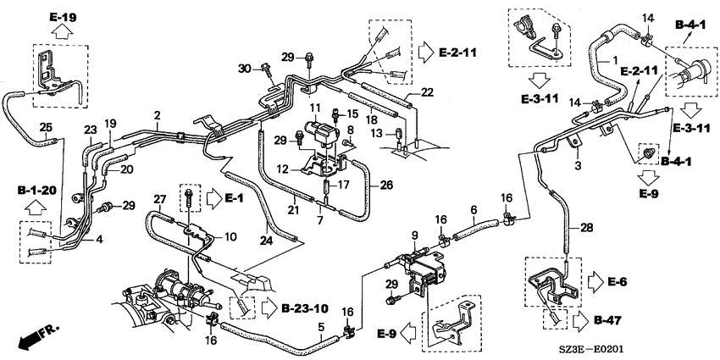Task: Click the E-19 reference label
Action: [64, 18]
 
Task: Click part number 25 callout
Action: [45, 125]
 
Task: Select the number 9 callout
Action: [415, 236]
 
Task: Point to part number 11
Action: [314, 108]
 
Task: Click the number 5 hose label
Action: [321, 328]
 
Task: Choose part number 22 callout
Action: [427, 92]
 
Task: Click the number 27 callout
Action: [159, 199]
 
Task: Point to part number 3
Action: [578, 165]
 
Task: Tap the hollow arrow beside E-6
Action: [595, 281]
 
